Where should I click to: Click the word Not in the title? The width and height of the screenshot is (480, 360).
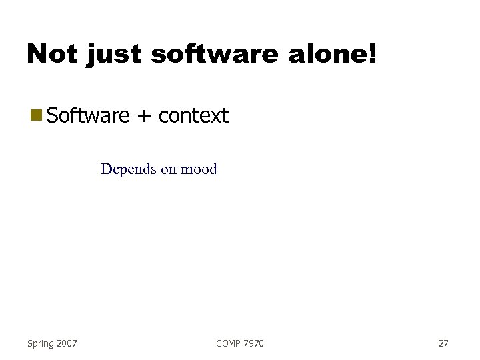53,54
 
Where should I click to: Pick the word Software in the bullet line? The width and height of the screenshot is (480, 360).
89,116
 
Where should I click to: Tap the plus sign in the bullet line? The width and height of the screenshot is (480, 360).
144,117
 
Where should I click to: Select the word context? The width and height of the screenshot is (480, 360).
193,116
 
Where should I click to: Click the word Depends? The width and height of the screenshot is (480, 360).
128,169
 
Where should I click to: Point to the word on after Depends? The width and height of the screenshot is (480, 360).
168,170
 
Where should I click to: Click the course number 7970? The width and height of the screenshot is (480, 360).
254,343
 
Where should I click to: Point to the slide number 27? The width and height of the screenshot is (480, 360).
443,343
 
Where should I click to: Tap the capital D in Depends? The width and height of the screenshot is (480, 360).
105,169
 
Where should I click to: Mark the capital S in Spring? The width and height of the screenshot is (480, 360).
30,343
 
